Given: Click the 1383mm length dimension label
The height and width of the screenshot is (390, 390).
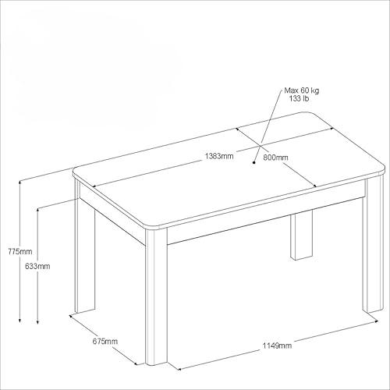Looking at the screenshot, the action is [219, 156].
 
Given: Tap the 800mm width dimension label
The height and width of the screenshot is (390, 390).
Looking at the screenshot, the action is [275, 158].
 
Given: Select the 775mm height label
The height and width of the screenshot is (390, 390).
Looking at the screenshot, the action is [20, 252].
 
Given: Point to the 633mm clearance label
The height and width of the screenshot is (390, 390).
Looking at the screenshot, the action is [37, 266].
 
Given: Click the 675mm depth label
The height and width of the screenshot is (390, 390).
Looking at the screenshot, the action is [105, 341].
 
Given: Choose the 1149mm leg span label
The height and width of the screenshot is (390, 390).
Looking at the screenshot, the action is [277, 346].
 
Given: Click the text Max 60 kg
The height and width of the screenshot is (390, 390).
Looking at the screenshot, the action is [302, 90].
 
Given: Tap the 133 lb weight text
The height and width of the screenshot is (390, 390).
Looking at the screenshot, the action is [299, 98].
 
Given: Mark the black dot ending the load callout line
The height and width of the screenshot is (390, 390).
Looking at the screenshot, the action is [254, 162].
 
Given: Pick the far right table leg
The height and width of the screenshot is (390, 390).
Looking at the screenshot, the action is [373, 244].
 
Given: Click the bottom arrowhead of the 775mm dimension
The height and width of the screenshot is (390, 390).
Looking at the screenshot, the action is [19, 321].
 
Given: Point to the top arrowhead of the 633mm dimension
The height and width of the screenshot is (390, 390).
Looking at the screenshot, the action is [38, 210].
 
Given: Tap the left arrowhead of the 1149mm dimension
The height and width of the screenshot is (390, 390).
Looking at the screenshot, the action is [178, 369].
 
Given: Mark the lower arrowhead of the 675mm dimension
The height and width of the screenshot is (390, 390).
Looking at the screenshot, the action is [135, 363].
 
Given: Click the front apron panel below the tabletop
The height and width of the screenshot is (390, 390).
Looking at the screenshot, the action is [265, 220].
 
